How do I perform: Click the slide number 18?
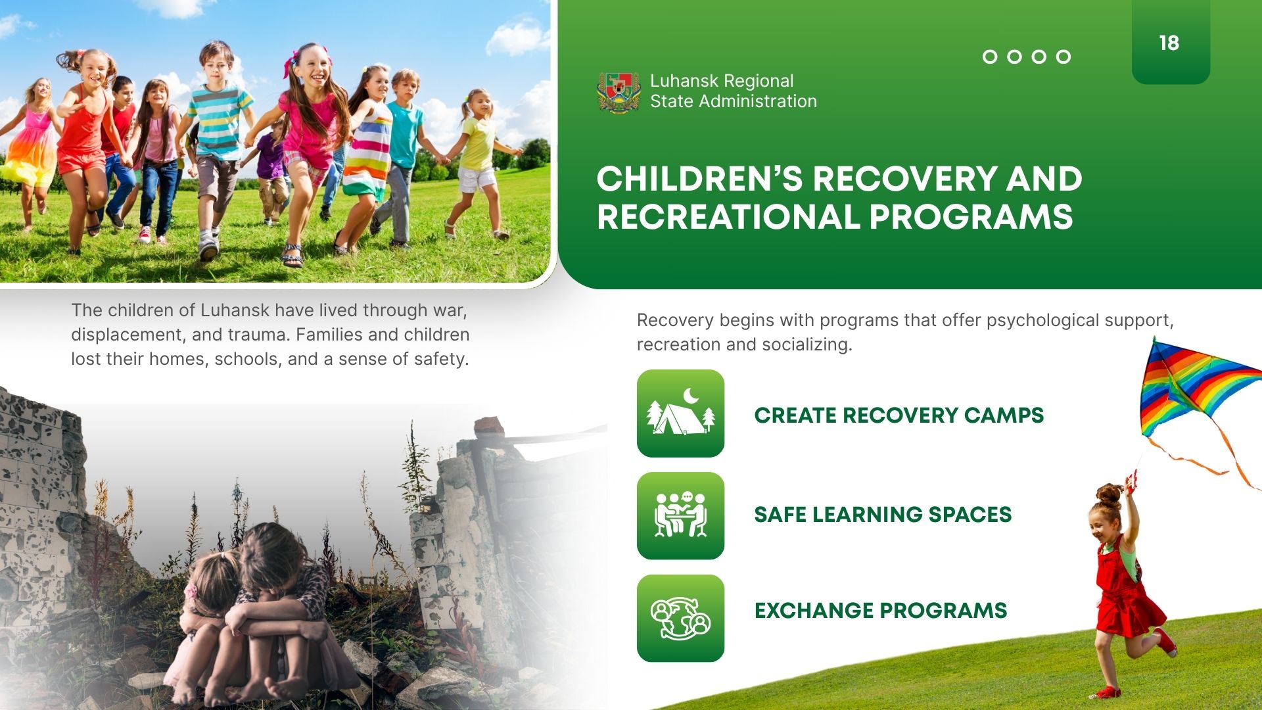(x=1169, y=43)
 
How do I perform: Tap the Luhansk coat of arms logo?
(x=619, y=92)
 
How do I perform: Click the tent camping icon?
(x=680, y=414)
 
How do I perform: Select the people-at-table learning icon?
(x=680, y=516)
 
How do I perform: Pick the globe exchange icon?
(x=680, y=619)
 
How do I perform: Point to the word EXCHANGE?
(x=814, y=611)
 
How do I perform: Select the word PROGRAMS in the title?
(x=971, y=218)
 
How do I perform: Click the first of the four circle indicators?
(x=990, y=57)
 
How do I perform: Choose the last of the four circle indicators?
(x=1063, y=57)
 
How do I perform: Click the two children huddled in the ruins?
(x=253, y=615)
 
